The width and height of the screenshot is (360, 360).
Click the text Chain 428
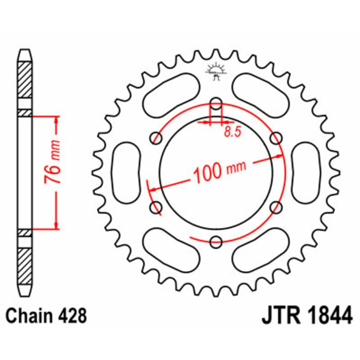[x=46, y=316]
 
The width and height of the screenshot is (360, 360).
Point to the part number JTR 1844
[x=306, y=316]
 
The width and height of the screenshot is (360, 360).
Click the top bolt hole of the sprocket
[x=216, y=103]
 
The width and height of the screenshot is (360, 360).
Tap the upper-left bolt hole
[x=157, y=137]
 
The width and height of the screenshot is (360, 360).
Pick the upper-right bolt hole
[x=276, y=137]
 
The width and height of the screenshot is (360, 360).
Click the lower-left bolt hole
[x=157, y=207]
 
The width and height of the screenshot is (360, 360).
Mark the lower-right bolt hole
[x=276, y=207]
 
